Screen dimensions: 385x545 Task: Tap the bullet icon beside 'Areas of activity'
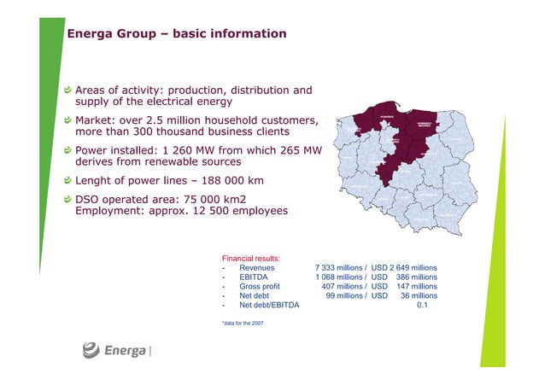69,90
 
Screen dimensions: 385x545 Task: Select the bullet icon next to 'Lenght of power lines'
69,180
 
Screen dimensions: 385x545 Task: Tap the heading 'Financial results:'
252,257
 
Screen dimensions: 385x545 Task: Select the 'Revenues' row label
257,267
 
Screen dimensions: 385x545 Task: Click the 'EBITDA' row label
254,277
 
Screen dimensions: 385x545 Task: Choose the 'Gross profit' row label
260,288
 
